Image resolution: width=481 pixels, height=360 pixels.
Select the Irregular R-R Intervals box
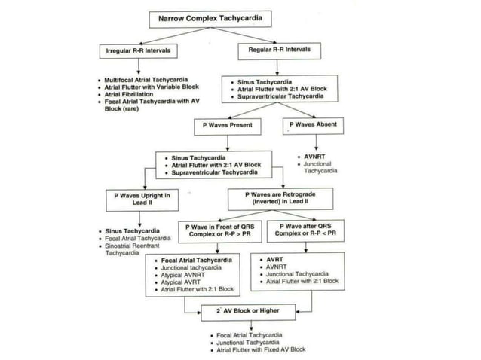137,50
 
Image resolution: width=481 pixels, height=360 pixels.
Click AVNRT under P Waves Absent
313,157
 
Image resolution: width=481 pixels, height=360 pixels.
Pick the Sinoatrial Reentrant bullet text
140,246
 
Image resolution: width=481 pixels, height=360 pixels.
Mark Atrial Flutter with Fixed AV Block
261,349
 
